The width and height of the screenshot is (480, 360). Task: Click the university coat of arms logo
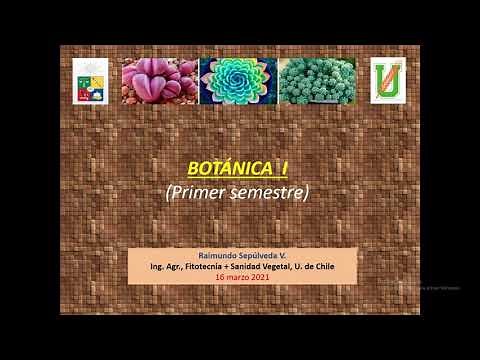coord(88,81)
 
